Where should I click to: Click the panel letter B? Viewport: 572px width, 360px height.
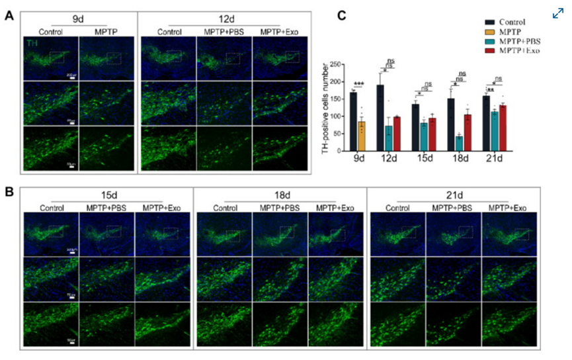(9, 193)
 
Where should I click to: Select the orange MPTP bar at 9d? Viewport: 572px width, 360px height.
(362, 136)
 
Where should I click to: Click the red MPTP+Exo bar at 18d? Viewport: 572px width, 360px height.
(467, 132)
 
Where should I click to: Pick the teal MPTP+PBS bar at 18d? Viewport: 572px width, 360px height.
(459, 143)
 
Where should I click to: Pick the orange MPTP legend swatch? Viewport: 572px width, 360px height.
(491, 32)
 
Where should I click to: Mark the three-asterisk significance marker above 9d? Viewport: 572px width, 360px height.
(358, 83)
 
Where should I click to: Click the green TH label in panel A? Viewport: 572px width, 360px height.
(31, 42)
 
